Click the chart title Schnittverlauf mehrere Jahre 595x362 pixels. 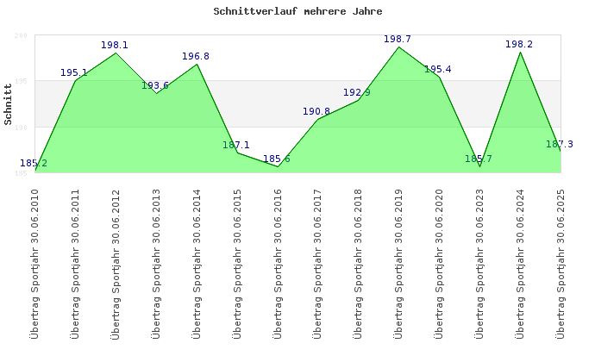coord(297,11)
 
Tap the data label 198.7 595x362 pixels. coord(398,39)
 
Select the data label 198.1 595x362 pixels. coord(115,45)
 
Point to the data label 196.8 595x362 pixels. coord(196,56)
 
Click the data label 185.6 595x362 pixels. coord(277,159)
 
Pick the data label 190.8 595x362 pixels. coord(316,111)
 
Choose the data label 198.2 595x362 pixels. coord(519,44)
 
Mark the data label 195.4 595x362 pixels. coord(438,69)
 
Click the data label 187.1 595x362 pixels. coord(236,145)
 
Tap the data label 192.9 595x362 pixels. coord(357,92)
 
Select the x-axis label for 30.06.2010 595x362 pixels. coord(35,262)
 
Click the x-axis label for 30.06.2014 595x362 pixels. coord(197,262)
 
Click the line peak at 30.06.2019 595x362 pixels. coord(398,47)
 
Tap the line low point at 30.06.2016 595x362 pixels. coord(278,166)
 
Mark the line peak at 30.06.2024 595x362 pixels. coord(520,53)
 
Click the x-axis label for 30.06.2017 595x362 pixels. coord(319,262)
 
